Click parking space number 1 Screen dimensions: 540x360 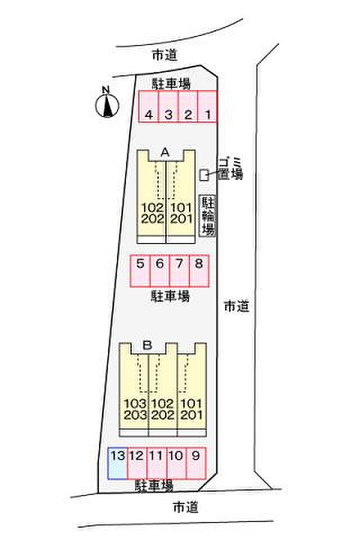coord(208,106)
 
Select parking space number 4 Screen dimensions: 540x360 coord(148,106)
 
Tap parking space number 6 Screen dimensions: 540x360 coord(160,271)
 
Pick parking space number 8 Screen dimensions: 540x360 coord(199,271)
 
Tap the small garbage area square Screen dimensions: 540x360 coord(204,175)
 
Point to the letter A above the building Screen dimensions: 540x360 coord(165,152)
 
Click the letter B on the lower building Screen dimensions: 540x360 coord(147,345)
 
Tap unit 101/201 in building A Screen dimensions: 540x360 coord(181,214)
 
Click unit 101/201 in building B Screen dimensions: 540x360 coord(192,409)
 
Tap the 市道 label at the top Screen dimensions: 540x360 coord(165,55)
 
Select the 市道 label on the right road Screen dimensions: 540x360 coord(236,307)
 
